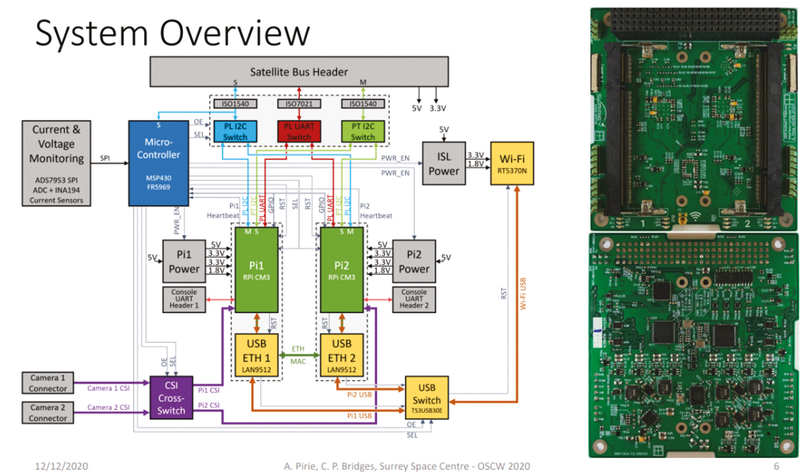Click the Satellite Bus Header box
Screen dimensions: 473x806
[x=299, y=71]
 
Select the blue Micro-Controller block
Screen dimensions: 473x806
[x=158, y=163]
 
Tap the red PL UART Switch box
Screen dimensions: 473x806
[x=299, y=131]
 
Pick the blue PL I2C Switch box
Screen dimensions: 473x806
[x=235, y=131]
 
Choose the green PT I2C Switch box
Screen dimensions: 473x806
[x=363, y=131]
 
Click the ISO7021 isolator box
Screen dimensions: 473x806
[x=299, y=104]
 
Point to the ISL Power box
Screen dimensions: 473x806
[x=444, y=163]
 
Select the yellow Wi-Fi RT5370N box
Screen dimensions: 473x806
[x=512, y=163]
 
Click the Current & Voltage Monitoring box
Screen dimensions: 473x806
[x=56, y=163]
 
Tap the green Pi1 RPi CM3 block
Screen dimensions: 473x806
[x=256, y=270]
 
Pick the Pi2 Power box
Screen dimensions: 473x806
[x=414, y=261]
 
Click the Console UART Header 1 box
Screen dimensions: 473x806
[x=184, y=299]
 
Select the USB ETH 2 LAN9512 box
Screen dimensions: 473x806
[x=342, y=356]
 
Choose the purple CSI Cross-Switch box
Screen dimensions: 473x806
[x=171, y=398]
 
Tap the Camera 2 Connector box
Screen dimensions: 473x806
[x=48, y=413]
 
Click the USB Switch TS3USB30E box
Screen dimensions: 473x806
[x=427, y=398]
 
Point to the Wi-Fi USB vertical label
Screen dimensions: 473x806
[x=523, y=293]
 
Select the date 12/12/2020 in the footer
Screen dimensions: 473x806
[x=61, y=466]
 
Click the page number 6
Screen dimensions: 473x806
[x=776, y=466]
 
